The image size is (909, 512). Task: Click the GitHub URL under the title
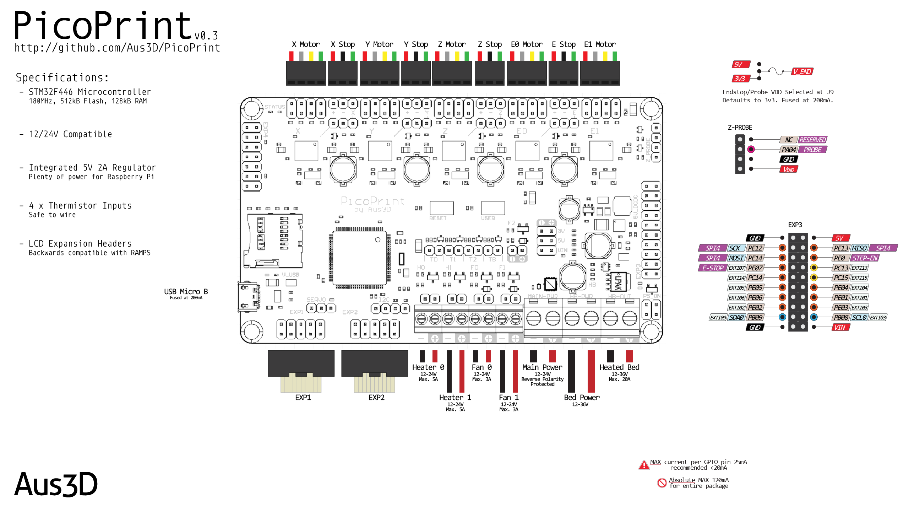tap(117, 48)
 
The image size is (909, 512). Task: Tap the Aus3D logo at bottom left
tap(56, 484)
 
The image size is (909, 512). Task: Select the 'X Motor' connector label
tap(306, 44)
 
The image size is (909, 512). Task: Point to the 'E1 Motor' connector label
tap(600, 44)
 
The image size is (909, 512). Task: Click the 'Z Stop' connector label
tap(490, 44)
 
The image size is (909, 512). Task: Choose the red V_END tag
tap(802, 71)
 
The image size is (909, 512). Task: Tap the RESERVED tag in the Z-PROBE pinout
tap(812, 140)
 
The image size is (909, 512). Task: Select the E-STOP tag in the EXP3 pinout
tap(712, 268)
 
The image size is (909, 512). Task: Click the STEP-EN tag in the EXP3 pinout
tap(865, 258)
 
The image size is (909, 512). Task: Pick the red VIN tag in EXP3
tap(840, 327)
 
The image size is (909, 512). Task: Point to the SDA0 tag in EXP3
tap(736, 317)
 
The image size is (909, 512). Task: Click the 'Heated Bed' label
tap(619, 367)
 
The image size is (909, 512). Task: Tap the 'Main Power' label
tap(542, 367)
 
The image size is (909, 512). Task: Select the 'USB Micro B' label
tap(186, 292)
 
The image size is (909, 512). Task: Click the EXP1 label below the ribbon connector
tap(303, 398)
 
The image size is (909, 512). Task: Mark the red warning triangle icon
tap(644, 465)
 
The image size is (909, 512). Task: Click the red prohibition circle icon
tap(662, 483)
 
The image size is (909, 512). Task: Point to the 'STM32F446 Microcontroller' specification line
tap(89, 92)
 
